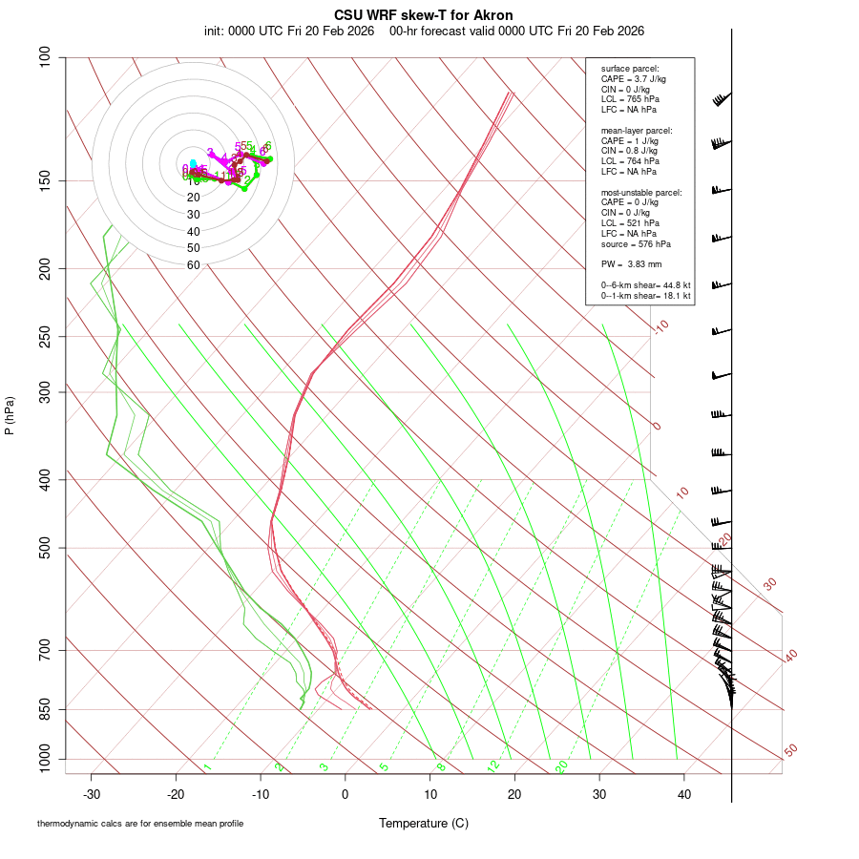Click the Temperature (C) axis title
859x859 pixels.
point(423,823)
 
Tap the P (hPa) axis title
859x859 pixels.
point(10,415)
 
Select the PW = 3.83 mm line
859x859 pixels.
point(625,264)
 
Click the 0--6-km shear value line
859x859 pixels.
point(646,285)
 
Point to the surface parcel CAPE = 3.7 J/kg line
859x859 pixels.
point(634,79)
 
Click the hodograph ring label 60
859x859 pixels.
point(193,265)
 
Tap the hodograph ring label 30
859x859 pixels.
point(193,215)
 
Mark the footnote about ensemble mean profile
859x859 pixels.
point(140,823)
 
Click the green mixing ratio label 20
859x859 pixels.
point(561,766)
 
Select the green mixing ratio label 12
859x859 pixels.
point(493,766)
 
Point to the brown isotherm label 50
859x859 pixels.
point(790,750)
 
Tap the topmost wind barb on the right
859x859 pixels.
point(722,99)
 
